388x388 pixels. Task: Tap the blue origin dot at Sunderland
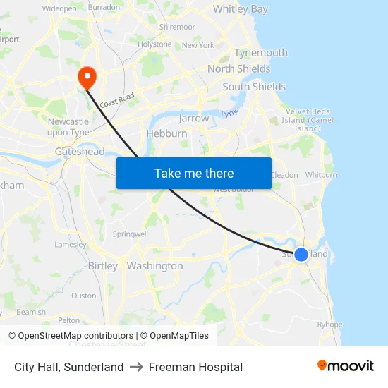[x=301, y=254]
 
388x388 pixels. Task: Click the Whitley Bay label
[x=240, y=9]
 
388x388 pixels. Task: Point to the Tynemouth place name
[x=261, y=53]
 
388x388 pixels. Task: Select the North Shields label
[x=238, y=68]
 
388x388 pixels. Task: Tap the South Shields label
[x=254, y=87]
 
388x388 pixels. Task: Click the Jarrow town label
[x=194, y=119]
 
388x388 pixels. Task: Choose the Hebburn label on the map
[x=166, y=133]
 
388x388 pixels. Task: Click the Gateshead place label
[x=80, y=152]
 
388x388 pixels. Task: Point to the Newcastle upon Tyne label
[x=68, y=126]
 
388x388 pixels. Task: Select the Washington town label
[x=154, y=266]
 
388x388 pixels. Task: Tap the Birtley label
[x=103, y=266]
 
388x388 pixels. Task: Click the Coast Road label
[x=116, y=102]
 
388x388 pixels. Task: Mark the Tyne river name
[x=229, y=114]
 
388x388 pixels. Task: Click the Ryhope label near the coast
[x=329, y=325]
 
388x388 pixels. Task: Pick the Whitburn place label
[x=321, y=175]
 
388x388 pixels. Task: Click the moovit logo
[x=345, y=366]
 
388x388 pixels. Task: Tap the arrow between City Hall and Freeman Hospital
[x=136, y=367]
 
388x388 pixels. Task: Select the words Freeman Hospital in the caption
[x=195, y=367]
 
